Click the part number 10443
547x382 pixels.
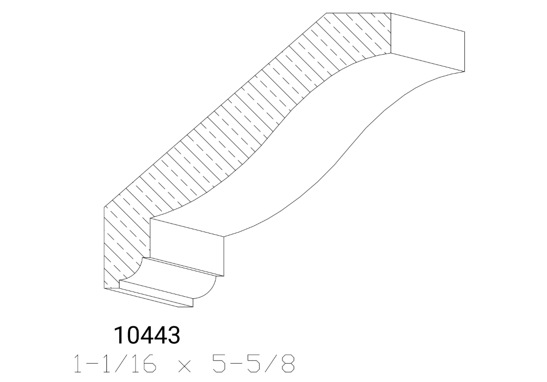(147, 335)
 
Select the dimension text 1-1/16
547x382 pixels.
(108, 364)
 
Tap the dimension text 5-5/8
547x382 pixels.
(252, 364)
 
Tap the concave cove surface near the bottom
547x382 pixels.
(179, 278)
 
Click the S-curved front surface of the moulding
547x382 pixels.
(295, 158)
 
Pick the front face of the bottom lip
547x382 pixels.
(156, 297)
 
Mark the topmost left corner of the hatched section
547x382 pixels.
(326, 13)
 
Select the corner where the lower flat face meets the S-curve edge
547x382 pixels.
(225, 237)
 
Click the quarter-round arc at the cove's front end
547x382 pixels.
(211, 292)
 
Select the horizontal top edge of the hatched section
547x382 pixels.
(358, 13)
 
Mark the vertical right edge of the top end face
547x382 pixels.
(464, 51)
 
